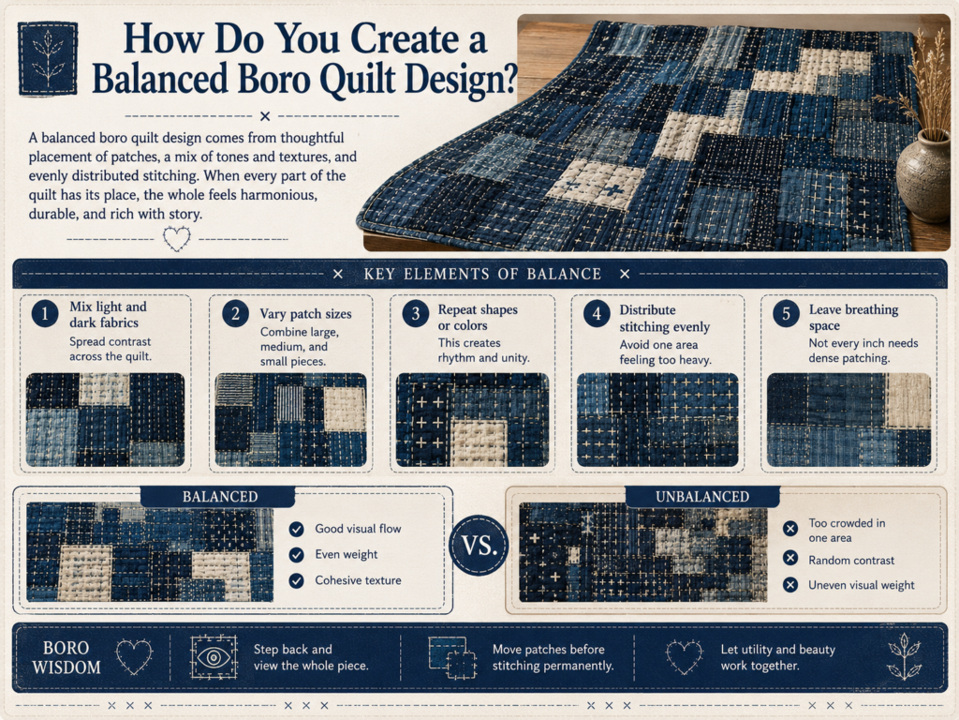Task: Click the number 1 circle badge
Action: pos(45,314)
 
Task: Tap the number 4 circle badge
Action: pos(597,314)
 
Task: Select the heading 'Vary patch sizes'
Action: pos(306,314)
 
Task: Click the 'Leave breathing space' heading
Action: pos(854,317)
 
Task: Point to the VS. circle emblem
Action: pos(479,545)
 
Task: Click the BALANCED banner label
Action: pos(219,497)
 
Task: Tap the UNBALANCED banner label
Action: pos(702,497)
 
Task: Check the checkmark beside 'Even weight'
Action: pos(297,555)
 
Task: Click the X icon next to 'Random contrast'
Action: pos(790,558)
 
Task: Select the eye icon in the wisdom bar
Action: pos(214,657)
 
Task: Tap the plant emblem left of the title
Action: pos(48,59)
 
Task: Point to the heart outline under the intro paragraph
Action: pos(177,238)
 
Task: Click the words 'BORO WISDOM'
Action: pos(66,657)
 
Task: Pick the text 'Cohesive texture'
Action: pos(359,580)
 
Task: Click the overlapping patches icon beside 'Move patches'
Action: pos(452,657)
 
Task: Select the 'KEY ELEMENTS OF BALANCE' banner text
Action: pos(482,275)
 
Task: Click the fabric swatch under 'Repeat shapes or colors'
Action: pos(472,420)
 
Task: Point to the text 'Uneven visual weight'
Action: pos(862,585)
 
